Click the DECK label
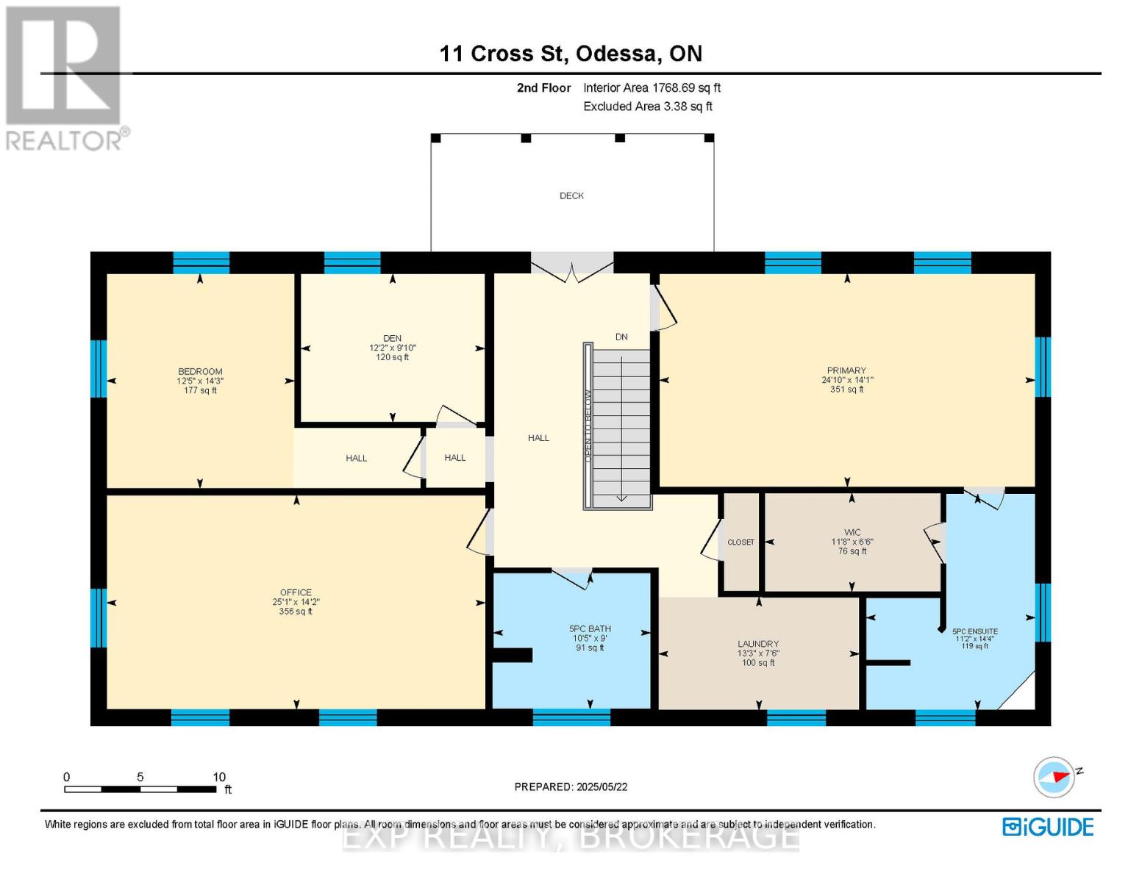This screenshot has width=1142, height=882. click(571, 196)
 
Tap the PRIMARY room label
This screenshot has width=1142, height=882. click(846, 370)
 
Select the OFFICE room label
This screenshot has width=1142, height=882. click(296, 592)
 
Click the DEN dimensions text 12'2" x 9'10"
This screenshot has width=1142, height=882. click(393, 348)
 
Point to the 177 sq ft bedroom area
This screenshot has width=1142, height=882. click(200, 390)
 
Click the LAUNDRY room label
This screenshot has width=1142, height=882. click(758, 644)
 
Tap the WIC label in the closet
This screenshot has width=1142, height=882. click(852, 532)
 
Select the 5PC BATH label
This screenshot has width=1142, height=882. click(590, 629)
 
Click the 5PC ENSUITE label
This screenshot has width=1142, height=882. click(974, 631)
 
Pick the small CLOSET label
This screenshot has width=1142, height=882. click(740, 542)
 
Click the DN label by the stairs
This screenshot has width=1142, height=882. click(621, 337)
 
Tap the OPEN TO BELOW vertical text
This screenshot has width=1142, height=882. click(588, 426)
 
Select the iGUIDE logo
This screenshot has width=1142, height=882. click(1048, 827)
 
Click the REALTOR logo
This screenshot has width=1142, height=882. click(65, 77)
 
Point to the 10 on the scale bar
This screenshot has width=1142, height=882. click(219, 777)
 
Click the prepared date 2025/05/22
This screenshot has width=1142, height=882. click(602, 786)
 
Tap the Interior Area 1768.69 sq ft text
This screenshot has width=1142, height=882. click(652, 87)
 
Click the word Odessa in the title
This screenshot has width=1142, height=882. click(616, 54)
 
